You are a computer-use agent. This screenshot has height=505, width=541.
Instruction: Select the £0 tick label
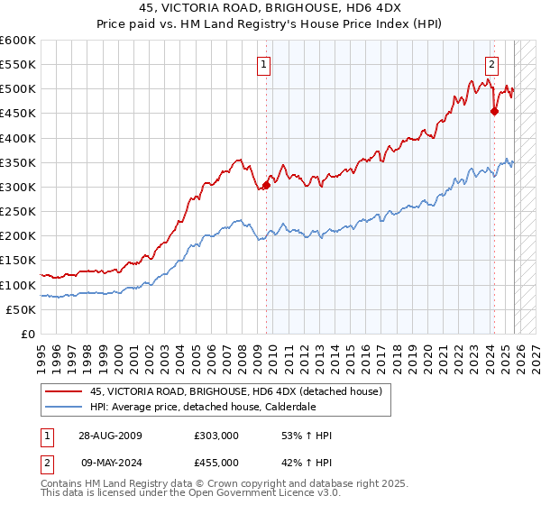[27, 334]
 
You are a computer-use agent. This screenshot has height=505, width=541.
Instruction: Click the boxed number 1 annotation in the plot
[263, 64]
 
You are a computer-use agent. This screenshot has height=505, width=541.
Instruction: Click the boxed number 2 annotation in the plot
[491, 64]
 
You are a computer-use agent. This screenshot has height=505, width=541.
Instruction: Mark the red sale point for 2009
[266, 186]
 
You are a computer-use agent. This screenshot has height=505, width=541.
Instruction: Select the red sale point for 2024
[494, 112]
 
